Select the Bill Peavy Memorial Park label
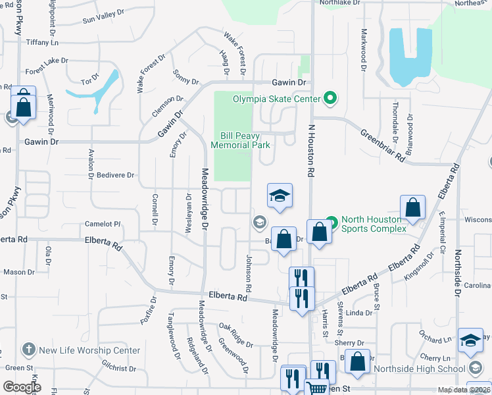[241, 140]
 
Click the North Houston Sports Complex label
[378, 224]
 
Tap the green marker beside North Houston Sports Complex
[332, 224]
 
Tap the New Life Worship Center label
[89, 350]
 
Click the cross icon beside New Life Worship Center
[28, 350]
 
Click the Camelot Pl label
[103, 224]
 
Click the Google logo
[22, 387]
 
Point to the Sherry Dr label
[349, 343]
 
